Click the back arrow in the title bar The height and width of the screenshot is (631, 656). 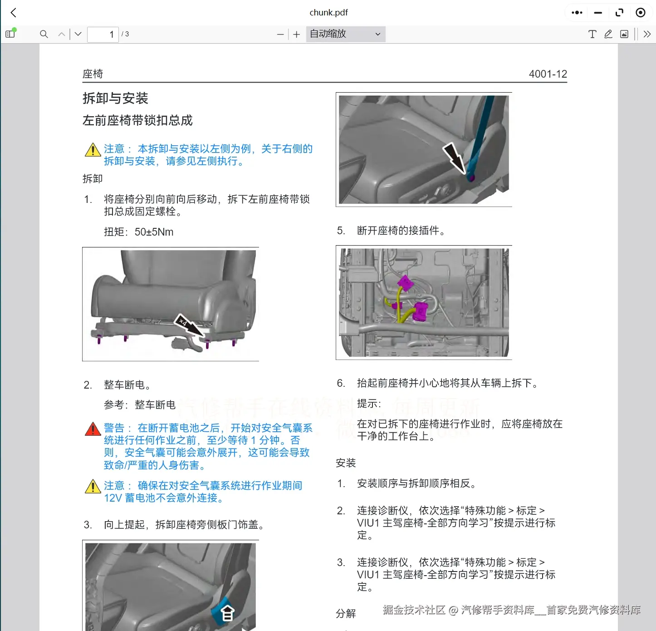tap(14, 13)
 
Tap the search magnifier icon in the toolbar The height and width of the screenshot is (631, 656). tap(44, 34)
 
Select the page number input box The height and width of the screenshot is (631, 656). tap(103, 34)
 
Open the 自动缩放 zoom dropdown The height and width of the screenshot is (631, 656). tap(345, 34)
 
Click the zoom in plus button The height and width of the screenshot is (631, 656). tap(297, 35)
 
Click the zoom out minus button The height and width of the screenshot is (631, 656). tap(280, 35)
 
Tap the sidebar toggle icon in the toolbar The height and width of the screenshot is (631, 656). tap(10, 34)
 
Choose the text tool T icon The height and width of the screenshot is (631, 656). tap(592, 34)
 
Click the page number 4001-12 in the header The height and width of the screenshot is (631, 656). tap(548, 74)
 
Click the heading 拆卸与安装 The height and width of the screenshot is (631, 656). tap(115, 98)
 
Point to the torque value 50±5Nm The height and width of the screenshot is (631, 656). tap(154, 232)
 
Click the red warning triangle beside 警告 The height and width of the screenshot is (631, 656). tap(93, 429)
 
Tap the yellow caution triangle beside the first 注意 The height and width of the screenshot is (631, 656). tap(93, 150)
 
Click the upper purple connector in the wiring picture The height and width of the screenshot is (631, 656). tap(405, 283)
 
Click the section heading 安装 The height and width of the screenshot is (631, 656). tap(346, 463)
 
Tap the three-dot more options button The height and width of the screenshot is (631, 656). tap(577, 13)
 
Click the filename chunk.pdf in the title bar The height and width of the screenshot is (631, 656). tap(328, 13)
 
